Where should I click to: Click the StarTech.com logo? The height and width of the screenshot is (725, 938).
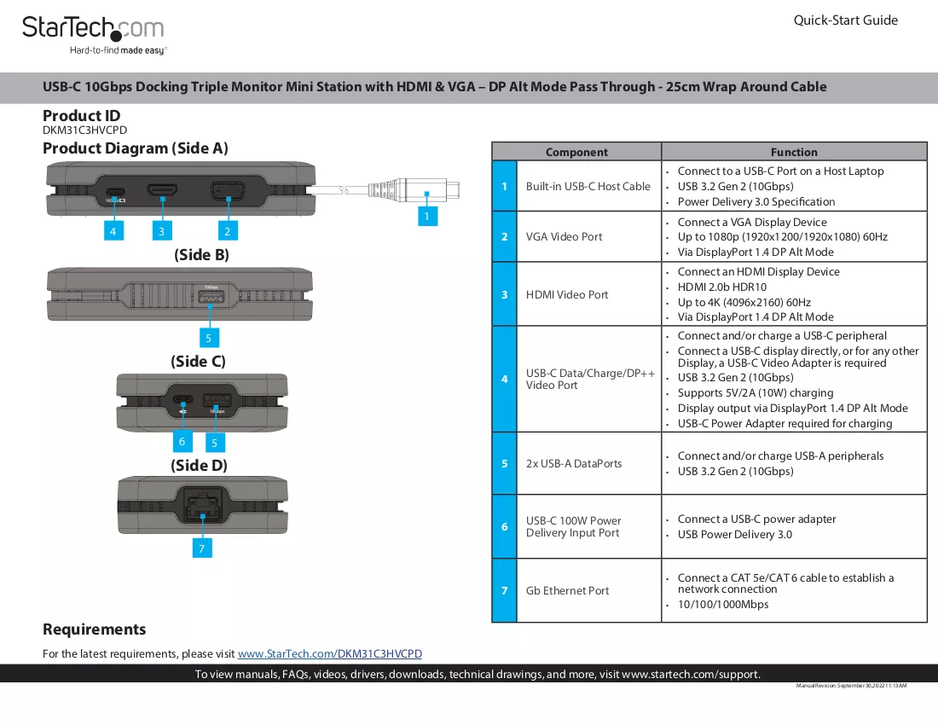pos(93,35)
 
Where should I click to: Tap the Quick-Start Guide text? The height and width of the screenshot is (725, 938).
pos(845,20)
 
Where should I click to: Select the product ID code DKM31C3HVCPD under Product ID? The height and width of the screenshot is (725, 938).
pos(85,130)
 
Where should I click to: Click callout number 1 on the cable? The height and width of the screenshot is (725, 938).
pos(427,216)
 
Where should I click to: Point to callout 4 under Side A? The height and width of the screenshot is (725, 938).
pos(113,230)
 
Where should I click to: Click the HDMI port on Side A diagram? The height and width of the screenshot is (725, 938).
pos(163,190)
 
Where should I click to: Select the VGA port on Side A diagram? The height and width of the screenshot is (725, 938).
pos(228,191)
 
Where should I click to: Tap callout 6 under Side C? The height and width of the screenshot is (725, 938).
pos(182,442)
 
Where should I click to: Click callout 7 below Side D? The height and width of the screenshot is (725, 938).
pos(202,548)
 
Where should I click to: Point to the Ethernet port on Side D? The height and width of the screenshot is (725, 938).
pos(203,504)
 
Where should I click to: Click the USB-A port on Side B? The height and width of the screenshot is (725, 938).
pos(211,298)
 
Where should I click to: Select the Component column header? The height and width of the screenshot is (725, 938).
pos(576,152)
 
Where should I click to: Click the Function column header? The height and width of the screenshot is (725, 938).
pos(794,152)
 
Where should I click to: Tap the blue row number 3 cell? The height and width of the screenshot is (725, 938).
pos(504,294)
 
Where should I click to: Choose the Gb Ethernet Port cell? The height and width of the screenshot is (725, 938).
pos(567,590)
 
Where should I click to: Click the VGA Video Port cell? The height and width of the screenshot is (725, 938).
pos(565,236)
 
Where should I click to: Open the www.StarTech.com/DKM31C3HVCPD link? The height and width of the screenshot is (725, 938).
pos(330,654)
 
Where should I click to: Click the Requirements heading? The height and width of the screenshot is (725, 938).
pos(95,629)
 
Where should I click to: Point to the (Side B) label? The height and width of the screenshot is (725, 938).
pos(201,255)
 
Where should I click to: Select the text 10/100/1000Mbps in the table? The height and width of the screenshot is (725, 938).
pos(723,604)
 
